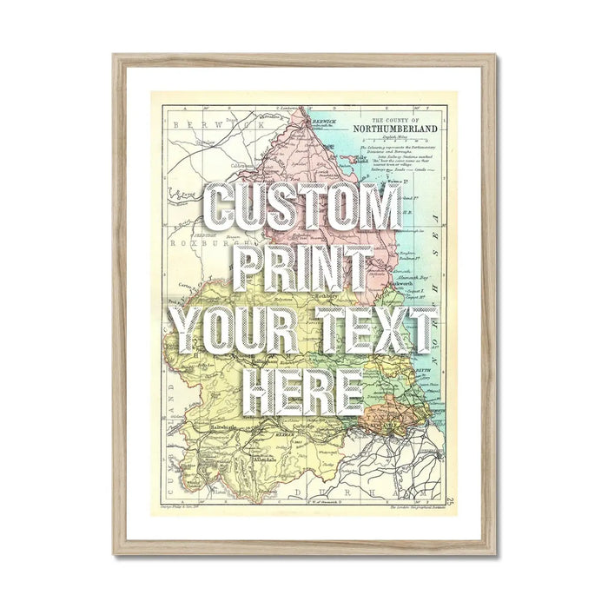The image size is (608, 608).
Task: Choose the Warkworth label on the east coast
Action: click(x=417, y=282)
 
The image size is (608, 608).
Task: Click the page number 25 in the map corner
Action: click(x=451, y=499)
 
